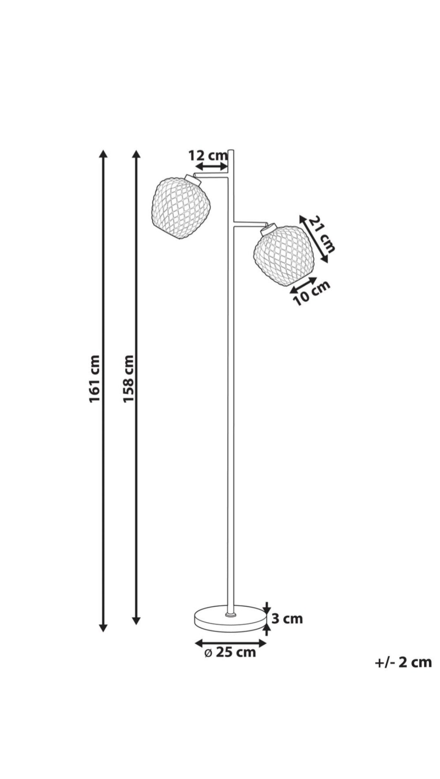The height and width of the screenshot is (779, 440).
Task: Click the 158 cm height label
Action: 129,378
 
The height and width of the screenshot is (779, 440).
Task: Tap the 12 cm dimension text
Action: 208,155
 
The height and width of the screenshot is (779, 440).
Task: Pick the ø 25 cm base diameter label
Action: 230,652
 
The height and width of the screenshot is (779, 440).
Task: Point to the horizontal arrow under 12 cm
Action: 211,166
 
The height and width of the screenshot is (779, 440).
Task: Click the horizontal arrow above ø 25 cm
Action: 231,643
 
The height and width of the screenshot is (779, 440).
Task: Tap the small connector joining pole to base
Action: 231,614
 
